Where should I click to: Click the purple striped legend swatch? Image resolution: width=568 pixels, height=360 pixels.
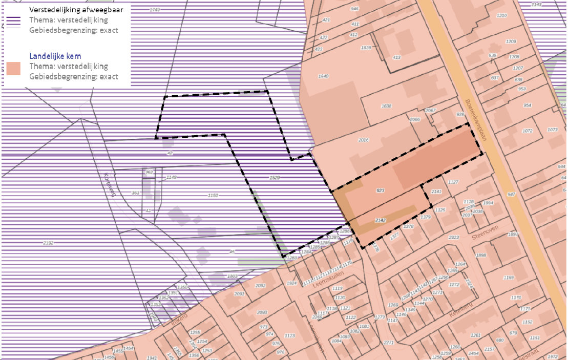point(14,20)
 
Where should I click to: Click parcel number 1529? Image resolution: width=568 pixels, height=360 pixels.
point(275,177)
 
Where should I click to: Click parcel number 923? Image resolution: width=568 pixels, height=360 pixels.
point(380,190)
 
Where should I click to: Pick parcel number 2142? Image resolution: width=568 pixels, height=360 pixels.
point(380,220)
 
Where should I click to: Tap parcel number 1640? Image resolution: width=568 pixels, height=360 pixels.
point(323,76)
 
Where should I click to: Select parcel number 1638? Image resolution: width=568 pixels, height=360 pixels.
point(386,106)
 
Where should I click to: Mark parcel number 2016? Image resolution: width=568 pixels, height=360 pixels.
point(363,140)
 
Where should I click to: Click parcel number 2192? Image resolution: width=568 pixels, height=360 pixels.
point(48,243)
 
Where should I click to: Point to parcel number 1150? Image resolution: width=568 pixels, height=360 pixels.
point(213,195)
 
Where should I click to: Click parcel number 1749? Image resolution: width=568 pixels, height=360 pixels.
point(155,10)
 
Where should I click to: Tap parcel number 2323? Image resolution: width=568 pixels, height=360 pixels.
point(453,238)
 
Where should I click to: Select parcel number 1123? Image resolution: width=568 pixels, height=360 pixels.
point(289,336)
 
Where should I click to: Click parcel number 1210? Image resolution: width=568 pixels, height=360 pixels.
point(501,15)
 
